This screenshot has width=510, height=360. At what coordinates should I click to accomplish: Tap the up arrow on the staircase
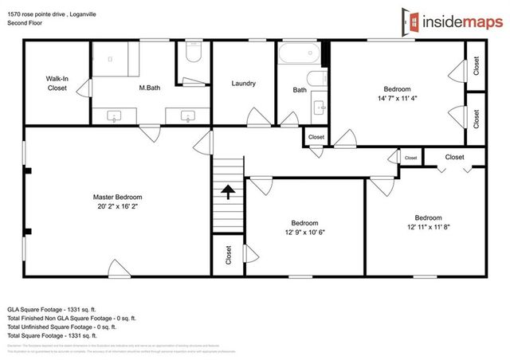pos(228,192)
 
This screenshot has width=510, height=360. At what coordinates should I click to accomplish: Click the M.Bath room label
pos(150,88)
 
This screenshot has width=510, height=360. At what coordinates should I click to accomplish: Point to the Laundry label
pos(243,84)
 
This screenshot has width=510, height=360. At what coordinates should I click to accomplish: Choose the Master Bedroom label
pos(117,197)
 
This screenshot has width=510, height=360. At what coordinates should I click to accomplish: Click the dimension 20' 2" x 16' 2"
pos(117,207)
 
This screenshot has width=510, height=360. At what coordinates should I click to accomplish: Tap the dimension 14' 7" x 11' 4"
pos(397,99)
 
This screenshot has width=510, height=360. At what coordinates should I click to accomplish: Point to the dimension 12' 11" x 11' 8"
pos(428,228)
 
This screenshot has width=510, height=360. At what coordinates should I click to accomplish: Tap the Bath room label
pos(300,90)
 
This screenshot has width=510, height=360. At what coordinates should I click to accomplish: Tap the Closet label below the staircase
pos(228,255)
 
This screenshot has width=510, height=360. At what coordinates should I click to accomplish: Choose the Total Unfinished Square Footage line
pos(62,327)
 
